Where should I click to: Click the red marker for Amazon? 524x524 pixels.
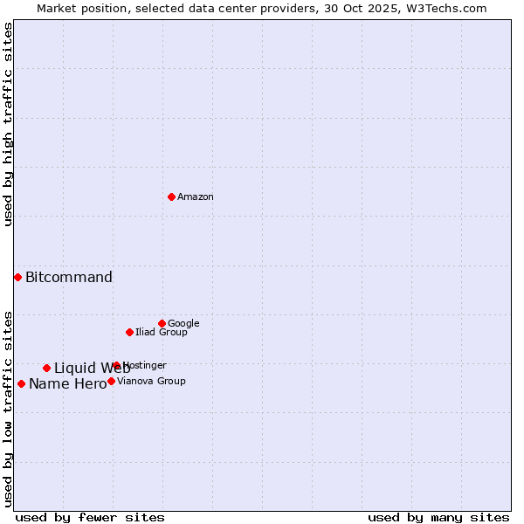tap(171, 196)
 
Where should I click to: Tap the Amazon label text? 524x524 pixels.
tap(196, 197)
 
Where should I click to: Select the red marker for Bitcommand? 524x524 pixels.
tap(17, 277)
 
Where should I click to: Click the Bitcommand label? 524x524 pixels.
tap(69, 278)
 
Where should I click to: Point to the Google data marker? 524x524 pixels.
tap(162, 323)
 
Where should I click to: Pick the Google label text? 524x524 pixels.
tap(183, 324)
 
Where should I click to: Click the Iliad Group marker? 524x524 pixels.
tap(129, 332)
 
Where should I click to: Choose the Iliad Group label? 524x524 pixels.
tap(162, 333)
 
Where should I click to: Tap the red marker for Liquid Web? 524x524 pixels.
tap(46, 368)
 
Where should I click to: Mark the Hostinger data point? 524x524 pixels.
tap(116, 365)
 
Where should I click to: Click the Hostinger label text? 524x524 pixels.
tap(146, 366)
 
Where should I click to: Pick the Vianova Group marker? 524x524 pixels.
tap(111, 381)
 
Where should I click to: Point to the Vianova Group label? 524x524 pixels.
tap(151, 382)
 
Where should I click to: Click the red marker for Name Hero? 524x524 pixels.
tap(21, 383)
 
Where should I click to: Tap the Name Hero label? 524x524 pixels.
tap(67, 384)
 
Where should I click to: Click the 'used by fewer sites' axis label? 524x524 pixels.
tap(90, 518)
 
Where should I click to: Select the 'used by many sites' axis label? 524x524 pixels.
tap(438, 518)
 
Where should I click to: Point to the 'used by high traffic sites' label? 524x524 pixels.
tap(8, 124)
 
